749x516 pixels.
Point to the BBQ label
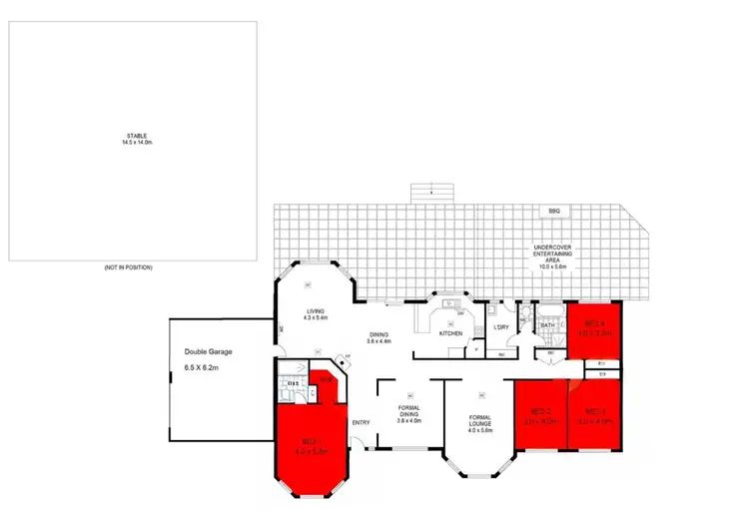click(554, 212)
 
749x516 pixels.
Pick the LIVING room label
click(317, 311)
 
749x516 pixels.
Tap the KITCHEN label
click(450, 332)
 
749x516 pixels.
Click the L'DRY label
click(502, 326)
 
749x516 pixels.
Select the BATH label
click(547, 325)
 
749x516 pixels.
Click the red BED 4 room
click(595, 329)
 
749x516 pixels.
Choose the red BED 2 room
click(540, 416)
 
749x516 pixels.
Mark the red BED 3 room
click(596, 416)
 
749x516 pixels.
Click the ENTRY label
click(361, 422)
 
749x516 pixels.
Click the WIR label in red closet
click(326, 379)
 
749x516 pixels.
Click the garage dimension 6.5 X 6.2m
click(206, 368)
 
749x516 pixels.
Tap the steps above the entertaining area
click(431, 190)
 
